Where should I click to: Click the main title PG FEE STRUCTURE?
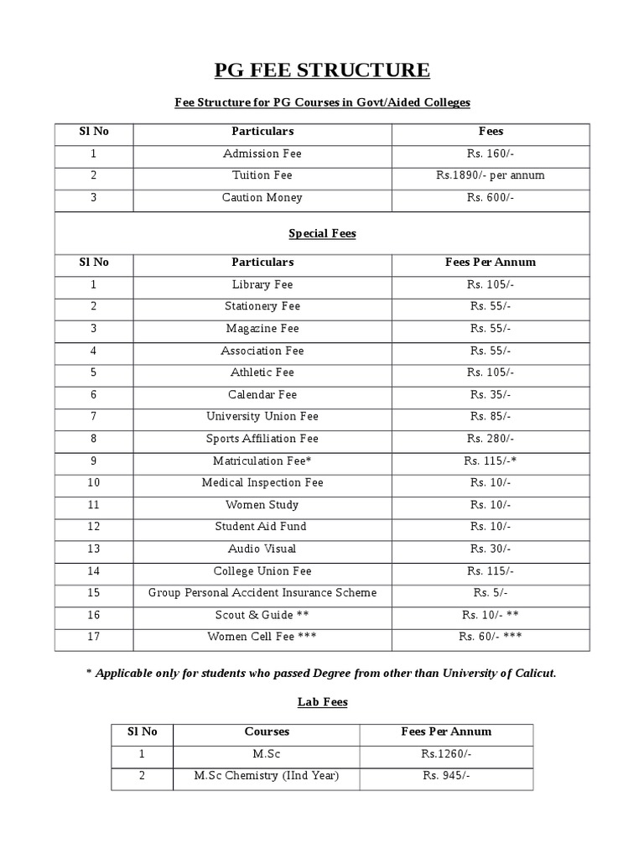[322, 70]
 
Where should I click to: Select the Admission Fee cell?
[262, 154]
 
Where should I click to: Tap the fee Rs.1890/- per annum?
[491, 175]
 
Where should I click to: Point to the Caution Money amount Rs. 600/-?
[491, 198]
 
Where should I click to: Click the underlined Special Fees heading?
[322, 234]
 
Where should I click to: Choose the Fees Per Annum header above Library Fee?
[491, 262]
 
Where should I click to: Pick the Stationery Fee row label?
[262, 306]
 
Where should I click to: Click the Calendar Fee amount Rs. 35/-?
[491, 394]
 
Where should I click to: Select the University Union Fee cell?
[262, 416]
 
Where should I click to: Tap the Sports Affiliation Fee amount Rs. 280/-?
[491, 439]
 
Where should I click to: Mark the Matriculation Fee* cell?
[262, 461]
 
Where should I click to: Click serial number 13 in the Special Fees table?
[94, 549]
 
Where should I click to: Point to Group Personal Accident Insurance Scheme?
[262, 593]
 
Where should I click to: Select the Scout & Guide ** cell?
[262, 615]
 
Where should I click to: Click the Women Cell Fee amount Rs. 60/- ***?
[491, 637]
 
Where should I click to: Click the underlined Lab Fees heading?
[322, 702]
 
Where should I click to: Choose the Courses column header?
[267, 731]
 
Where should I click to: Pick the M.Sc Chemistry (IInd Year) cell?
[267, 776]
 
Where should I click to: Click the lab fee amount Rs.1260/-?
[446, 754]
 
